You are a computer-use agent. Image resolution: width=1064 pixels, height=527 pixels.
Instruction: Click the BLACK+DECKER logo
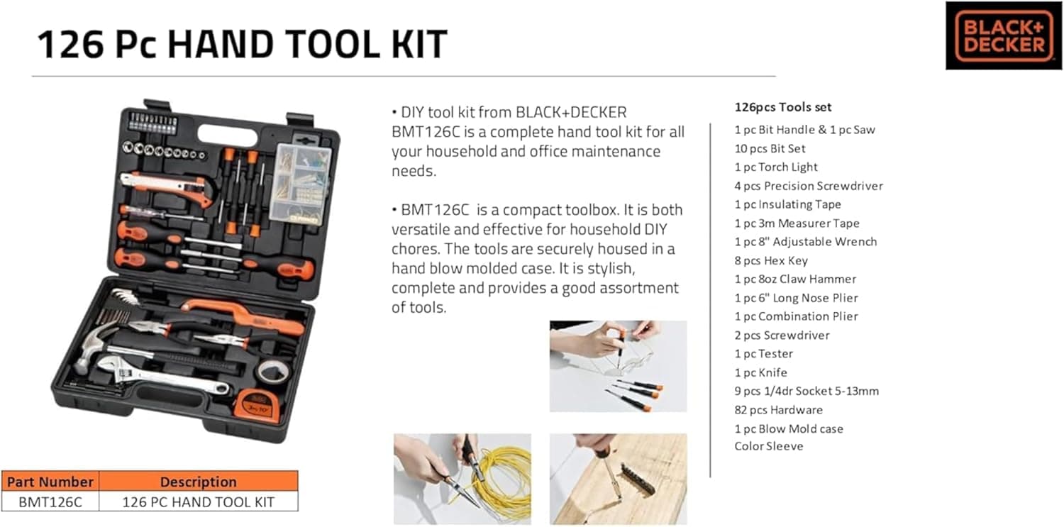1003,35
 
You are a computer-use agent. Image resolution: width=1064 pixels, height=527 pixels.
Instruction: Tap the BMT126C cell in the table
50,501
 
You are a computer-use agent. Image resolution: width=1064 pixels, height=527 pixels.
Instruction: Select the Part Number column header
50,482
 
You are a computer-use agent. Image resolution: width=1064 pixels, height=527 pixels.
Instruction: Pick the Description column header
198,482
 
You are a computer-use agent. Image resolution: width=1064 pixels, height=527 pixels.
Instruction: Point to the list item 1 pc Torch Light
776,167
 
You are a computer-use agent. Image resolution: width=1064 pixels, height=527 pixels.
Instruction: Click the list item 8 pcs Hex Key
771,260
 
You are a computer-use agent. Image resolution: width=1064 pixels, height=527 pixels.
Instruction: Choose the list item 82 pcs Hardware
778,410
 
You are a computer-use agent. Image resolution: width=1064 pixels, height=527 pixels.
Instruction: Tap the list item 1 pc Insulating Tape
787,204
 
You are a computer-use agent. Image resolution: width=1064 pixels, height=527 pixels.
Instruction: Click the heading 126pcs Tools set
783,108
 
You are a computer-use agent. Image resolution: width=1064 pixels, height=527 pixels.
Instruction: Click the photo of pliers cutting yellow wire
462,479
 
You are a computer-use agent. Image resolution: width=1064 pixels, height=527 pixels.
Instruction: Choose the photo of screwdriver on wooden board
618,479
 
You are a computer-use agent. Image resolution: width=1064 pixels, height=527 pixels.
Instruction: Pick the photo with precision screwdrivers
618,366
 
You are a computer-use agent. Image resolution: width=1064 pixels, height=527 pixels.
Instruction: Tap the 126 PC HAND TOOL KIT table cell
198,501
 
